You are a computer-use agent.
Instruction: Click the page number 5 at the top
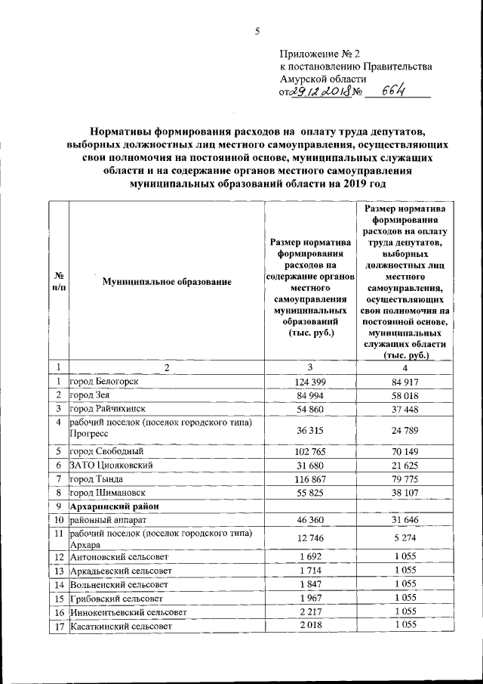[x=257, y=31]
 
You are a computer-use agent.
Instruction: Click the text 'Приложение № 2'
[x=321, y=54]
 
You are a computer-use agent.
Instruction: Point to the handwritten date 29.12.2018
[x=322, y=92]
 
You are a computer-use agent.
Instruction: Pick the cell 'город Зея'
[x=91, y=395]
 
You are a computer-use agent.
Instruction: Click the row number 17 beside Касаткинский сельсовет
[x=58, y=627]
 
